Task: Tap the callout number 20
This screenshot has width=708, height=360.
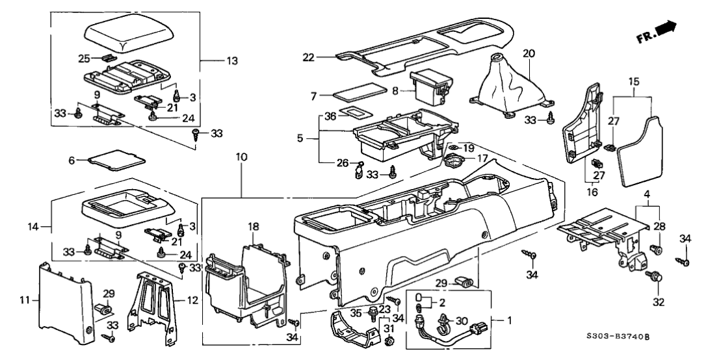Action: pos(528,54)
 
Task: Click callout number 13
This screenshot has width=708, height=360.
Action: pos(230,61)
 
